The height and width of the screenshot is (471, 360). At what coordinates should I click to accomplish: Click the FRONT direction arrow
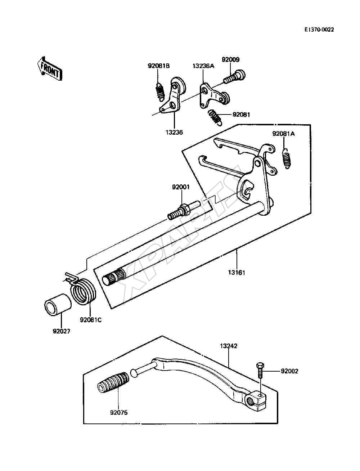(50, 69)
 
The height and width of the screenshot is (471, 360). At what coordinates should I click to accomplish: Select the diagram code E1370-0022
(319, 30)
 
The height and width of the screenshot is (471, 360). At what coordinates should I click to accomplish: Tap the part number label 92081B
(158, 66)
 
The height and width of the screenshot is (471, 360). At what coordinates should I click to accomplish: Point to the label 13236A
(203, 66)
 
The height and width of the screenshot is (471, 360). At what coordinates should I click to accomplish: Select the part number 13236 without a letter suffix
(174, 133)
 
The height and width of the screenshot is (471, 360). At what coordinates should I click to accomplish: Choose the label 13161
(237, 273)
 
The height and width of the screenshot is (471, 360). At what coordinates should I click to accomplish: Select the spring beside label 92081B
(159, 92)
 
